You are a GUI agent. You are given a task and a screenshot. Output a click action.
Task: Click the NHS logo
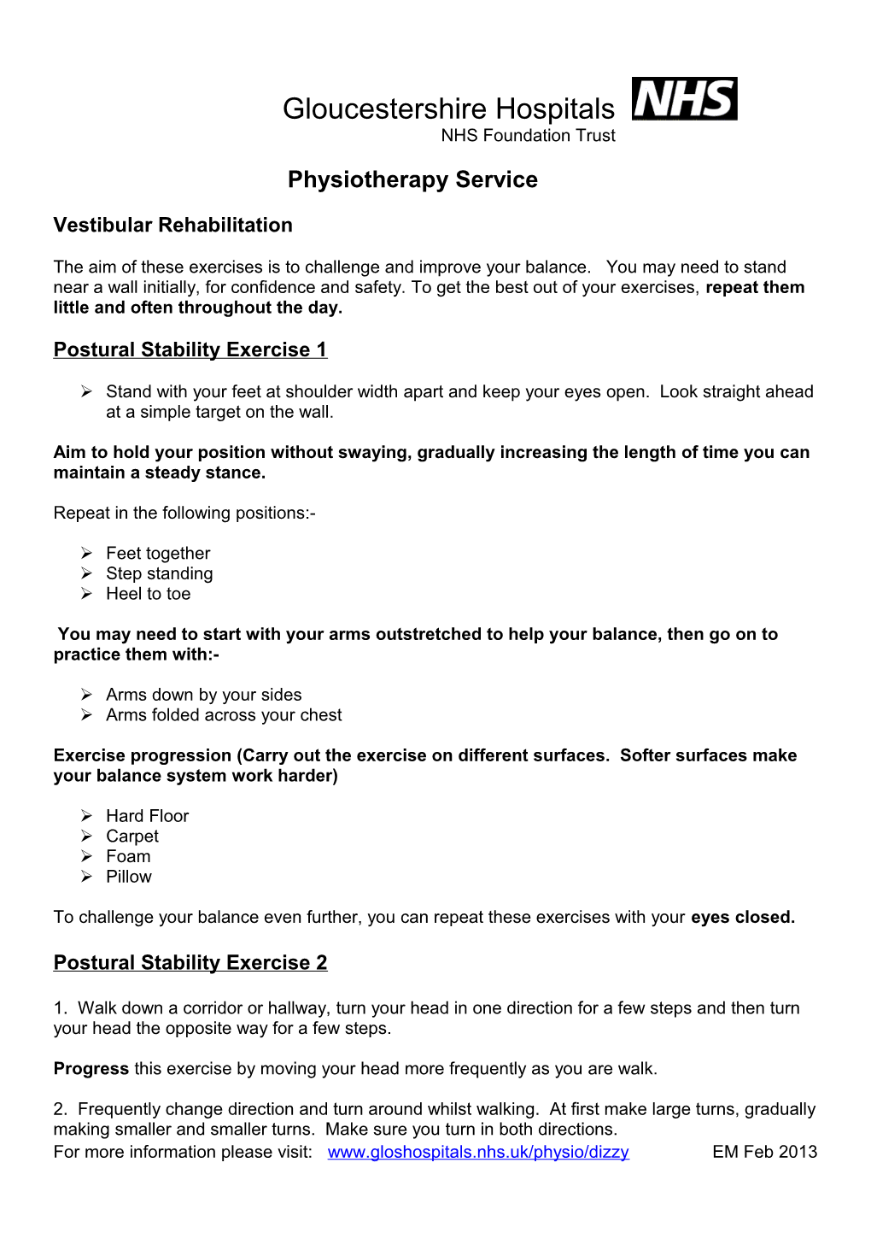click(x=684, y=99)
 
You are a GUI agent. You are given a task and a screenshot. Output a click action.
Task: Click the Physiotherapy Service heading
click(x=412, y=179)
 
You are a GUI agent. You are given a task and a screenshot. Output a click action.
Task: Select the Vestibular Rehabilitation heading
click(x=172, y=225)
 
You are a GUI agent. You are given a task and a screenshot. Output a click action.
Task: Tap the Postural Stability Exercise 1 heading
click(x=190, y=349)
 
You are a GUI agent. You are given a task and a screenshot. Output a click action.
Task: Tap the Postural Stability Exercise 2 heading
click(x=190, y=962)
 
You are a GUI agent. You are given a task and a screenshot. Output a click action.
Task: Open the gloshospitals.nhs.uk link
click(x=478, y=1152)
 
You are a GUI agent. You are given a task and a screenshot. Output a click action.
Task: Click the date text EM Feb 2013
click(x=764, y=1152)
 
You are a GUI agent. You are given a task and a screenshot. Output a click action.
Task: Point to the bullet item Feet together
click(x=158, y=554)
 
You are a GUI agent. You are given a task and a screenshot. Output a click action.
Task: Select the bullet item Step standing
click(x=159, y=573)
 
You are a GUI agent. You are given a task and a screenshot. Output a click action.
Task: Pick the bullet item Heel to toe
click(x=148, y=594)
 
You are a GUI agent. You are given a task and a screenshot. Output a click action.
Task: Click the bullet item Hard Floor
click(x=147, y=816)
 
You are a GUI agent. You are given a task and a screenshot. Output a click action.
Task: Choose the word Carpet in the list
click(x=132, y=837)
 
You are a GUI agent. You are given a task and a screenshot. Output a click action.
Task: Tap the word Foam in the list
click(x=128, y=856)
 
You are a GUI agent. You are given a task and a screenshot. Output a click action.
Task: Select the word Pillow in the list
click(x=129, y=877)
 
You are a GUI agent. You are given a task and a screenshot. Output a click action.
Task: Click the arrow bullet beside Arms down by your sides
click(x=87, y=695)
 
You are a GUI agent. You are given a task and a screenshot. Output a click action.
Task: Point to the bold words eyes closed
click(x=742, y=917)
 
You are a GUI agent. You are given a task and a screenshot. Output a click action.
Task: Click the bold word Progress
click(x=91, y=1069)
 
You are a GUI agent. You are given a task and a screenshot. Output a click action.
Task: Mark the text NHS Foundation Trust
click(x=528, y=135)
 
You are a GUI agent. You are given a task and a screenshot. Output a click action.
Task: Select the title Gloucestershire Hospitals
click(x=448, y=109)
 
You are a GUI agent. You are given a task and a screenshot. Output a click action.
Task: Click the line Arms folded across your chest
click(x=224, y=715)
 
